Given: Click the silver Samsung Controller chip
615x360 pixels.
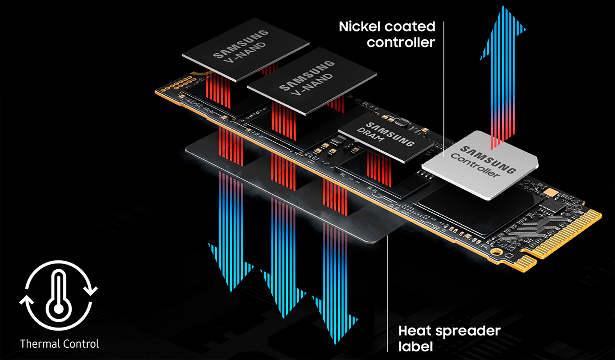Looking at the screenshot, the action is click(x=480, y=165).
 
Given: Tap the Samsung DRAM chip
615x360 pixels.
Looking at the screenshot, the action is click(x=386, y=137).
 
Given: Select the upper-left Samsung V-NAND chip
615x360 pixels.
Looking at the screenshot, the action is click(x=246, y=50).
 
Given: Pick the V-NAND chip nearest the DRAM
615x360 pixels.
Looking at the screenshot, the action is click(x=312, y=81).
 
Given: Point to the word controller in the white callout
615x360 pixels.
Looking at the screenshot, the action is click(x=401, y=43).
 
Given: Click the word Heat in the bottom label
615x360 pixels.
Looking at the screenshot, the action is click(x=415, y=331).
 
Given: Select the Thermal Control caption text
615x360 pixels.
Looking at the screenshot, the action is click(x=59, y=344).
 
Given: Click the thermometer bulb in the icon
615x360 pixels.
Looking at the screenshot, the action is click(x=59, y=309).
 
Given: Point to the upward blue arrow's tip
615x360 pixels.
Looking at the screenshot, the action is click(x=503, y=6).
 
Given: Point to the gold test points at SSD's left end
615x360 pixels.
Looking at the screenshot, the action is click(x=179, y=84).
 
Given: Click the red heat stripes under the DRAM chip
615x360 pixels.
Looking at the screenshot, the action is click(x=379, y=168).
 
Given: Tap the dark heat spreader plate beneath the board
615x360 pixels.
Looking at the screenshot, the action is click(x=288, y=189).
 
